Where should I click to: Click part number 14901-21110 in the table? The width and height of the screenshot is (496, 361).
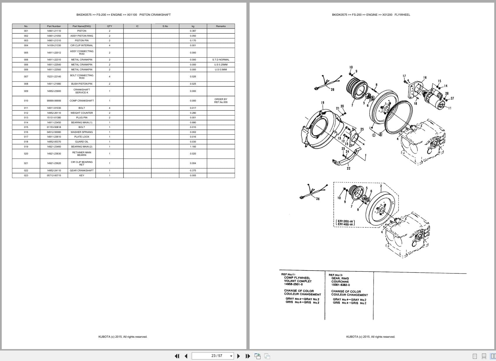point(54,31)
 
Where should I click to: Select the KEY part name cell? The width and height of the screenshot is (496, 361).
point(82,175)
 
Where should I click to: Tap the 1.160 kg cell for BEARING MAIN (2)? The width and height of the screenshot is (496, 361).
point(193,147)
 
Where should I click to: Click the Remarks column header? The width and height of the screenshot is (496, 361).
point(221,26)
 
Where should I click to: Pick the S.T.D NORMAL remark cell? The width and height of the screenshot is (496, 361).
point(221,60)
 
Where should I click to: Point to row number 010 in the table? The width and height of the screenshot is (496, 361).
point(26,101)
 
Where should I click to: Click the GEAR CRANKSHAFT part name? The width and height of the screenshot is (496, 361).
point(82,170)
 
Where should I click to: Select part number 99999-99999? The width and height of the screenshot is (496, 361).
point(54,101)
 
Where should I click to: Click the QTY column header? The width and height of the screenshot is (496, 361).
point(110,26)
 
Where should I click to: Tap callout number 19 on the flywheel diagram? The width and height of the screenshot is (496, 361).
point(323,103)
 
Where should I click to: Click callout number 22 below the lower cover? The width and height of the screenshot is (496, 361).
point(348,168)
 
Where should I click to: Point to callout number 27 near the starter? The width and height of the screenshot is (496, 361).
point(452,98)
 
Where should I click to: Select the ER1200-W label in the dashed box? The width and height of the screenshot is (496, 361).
point(345,221)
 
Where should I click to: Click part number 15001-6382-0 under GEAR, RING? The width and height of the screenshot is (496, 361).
point(341,285)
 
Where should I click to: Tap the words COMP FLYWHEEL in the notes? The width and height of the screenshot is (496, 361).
point(297,278)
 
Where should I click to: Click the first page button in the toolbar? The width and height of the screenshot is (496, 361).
point(177,356)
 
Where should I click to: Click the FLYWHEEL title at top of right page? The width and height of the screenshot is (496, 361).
point(402,15)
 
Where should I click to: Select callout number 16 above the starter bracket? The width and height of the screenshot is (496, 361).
point(425,78)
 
